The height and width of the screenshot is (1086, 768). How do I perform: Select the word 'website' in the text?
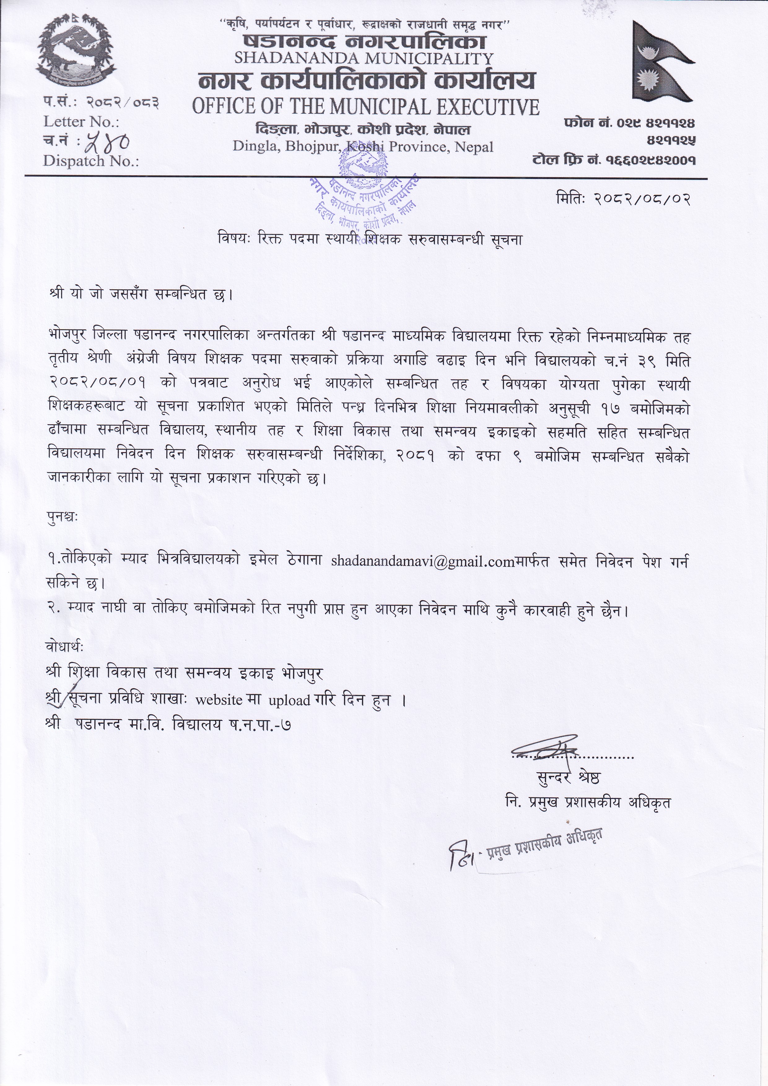[219, 700]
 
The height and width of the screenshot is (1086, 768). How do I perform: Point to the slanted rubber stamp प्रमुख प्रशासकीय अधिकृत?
[525, 848]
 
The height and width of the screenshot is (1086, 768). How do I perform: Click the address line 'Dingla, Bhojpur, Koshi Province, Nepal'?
[363, 147]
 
